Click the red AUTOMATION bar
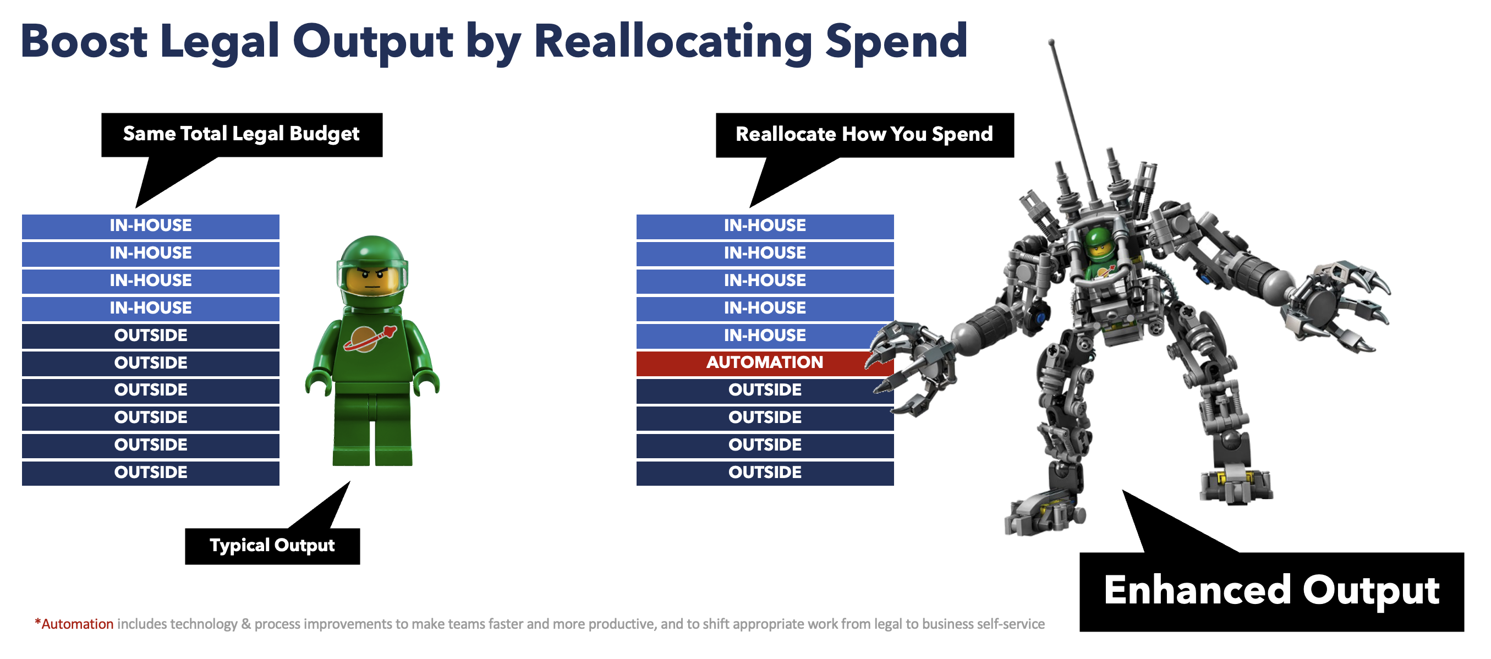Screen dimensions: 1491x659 (x=765, y=363)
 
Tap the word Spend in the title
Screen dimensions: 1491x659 (x=896, y=42)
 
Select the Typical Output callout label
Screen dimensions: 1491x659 (x=272, y=546)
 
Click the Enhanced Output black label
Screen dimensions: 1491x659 (x=1271, y=591)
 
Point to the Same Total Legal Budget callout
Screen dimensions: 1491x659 (x=242, y=135)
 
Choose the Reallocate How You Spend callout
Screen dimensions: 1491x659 (x=865, y=135)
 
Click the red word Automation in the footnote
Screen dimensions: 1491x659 (x=77, y=624)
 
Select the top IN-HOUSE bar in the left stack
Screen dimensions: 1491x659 (x=151, y=226)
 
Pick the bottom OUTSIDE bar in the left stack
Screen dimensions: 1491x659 (x=151, y=473)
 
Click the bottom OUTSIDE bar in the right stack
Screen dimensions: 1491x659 (x=765, y=473)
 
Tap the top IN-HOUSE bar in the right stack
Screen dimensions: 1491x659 (x=765, y=226)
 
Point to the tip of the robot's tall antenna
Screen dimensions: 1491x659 (x=1052, y=42)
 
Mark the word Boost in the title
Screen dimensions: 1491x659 (x=84, y=42)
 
